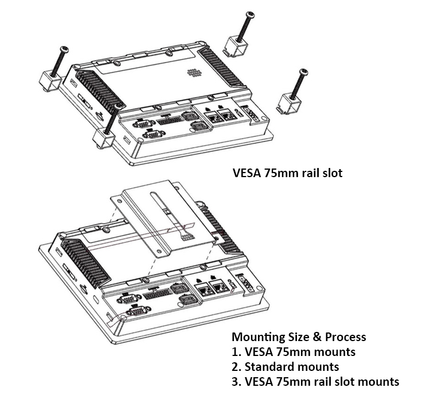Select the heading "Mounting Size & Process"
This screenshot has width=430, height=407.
pos(298,336)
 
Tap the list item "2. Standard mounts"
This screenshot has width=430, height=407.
pos(285,366)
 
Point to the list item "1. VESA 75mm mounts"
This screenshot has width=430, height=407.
pos(293,351)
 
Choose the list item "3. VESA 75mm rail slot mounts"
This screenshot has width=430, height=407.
pos(315,381)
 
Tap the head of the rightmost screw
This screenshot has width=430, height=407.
pos(303,72)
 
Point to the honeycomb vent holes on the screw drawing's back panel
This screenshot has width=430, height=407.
pos(196,73)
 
